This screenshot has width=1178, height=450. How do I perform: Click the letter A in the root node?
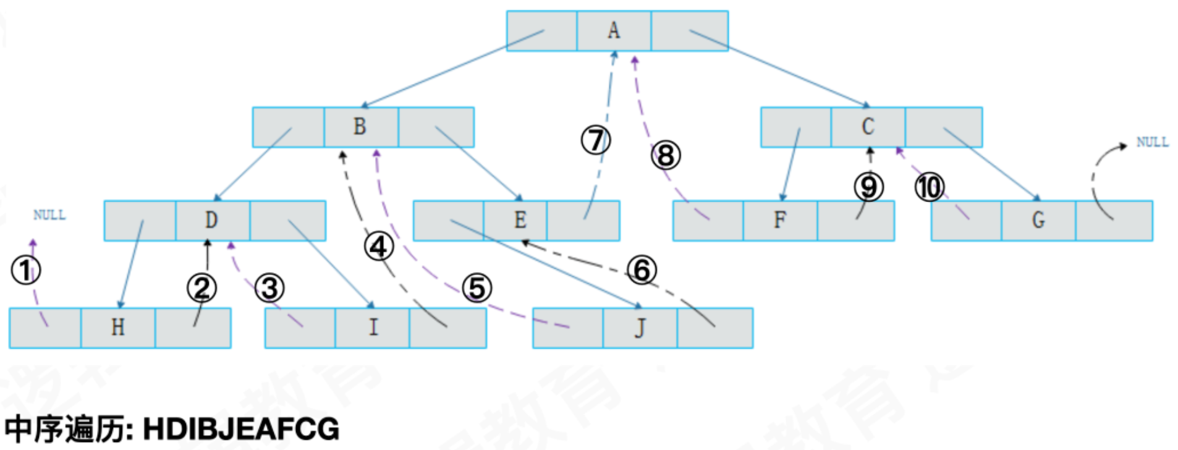pyautogui.click(x=613, y=30)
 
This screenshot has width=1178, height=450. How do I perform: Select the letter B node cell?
pyautogui.click(x=360, y=127)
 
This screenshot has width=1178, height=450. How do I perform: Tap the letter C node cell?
pyautogui.click(x=868, y=127)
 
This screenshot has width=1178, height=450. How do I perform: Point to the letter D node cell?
pyautogui.click(x=211, y=220)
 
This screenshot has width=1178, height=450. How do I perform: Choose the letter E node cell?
pyautogui.click(x=520, y=220)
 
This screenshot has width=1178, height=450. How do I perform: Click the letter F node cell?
pyautogui.click(x=780, y=220)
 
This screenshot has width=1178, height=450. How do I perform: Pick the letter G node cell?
pyautogui.click(x=1038, y=220)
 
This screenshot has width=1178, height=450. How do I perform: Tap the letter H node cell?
pyautogui.click(x=117, y=328)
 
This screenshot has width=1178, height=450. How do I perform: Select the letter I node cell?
pyautogui.click(x=373, y=328)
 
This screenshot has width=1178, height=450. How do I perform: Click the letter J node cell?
pyautogui.click(x=640, y=328)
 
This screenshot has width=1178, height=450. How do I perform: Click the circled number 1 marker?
pyautogui.click(x=26, y=271)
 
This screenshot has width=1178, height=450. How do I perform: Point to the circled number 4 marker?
pyautogui.click(x=378, y=247)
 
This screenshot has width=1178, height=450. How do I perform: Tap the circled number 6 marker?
pyautogui.click(x=642, y=270)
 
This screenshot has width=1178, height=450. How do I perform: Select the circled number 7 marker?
pyautogui.click(x=595, y=140)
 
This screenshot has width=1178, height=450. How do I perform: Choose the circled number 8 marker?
pyautogui.click(x=666, y=155)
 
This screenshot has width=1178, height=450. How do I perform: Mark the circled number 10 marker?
pyautogui.click(x=929, y=187)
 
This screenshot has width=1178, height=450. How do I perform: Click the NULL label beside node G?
pyautogui.click(x=1152, y=142)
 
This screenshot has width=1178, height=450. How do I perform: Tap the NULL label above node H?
pyautogui.click(x=49, y=215)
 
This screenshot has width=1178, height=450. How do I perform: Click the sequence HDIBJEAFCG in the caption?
pyautogui.click(x=241, y=429)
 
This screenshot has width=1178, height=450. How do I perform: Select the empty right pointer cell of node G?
pyautogui.click(x=1114, y=220)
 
